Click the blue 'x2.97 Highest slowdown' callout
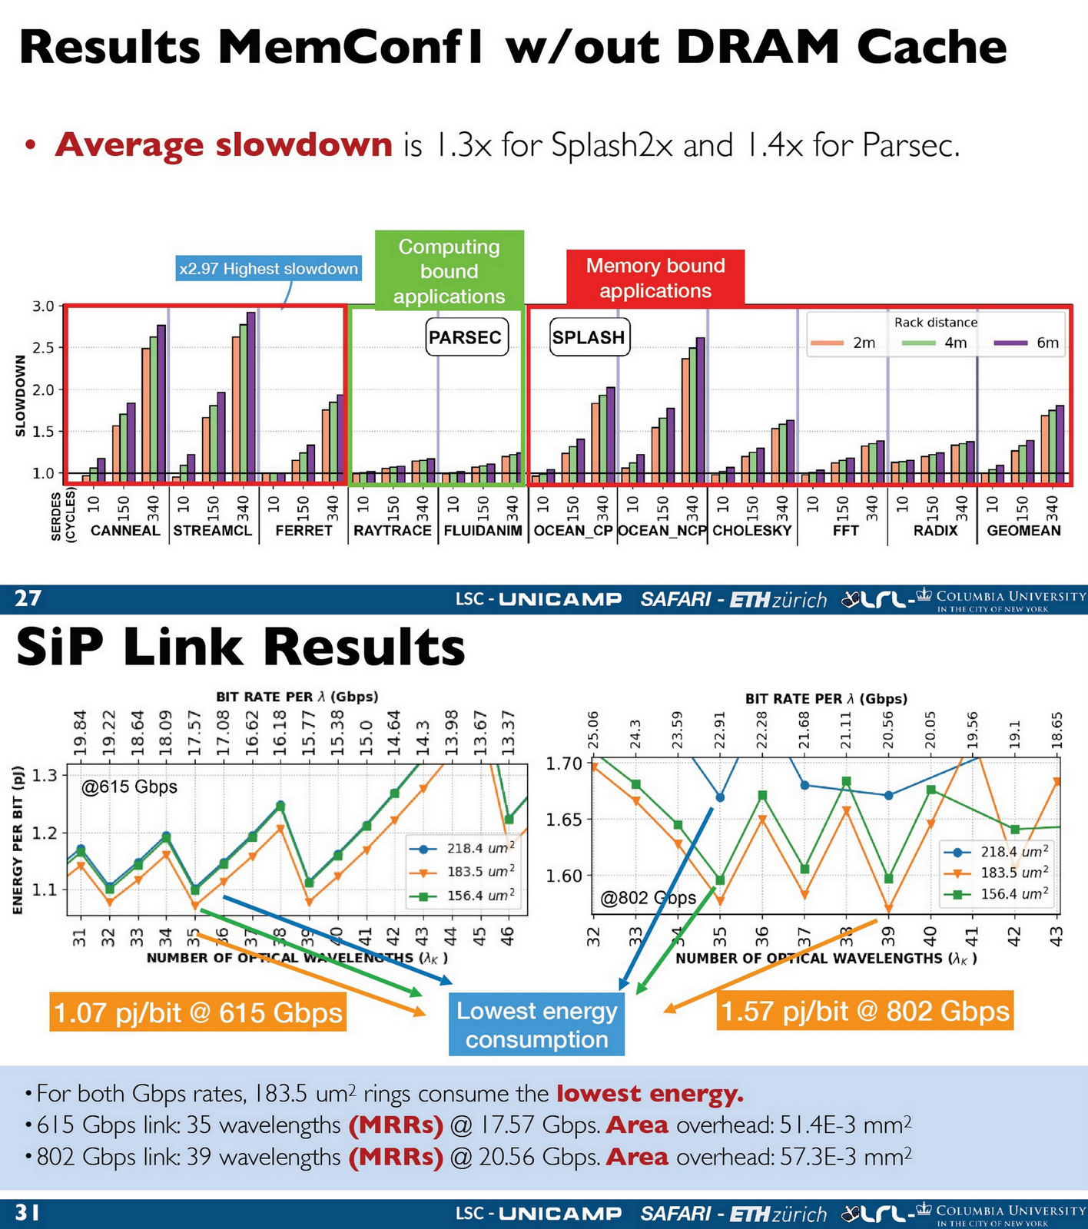point(268,269)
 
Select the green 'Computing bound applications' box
point(449,271)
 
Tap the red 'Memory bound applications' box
point(655,278)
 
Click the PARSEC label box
point(466,337)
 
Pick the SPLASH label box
point(589,338)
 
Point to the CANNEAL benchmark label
point(125,531)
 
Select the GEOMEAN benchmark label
point(1023,531)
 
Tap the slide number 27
point(28,598)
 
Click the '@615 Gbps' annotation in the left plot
point(129,787)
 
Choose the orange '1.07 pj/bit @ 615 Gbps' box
point(198,1012)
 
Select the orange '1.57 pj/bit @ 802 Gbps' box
point(865,1011)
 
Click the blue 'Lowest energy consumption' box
point(536,1025)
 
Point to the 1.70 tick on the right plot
point(564,764)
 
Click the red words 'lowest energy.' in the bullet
point(649,1093)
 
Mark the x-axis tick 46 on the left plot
point(508,936)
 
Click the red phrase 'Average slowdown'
point(224,144)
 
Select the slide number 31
point(28,1213)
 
